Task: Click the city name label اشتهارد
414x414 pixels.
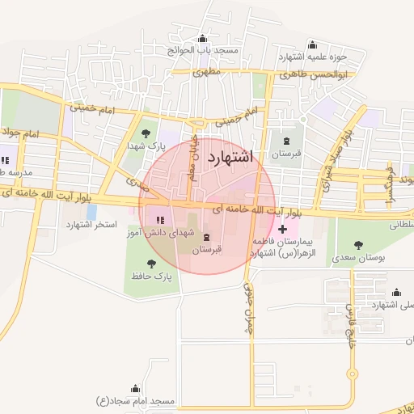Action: pyautogui.click(x=230, y=157)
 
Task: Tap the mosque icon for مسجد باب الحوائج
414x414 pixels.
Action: pyautogui.click(x=202, y=39)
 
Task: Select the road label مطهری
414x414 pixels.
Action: pyautogui.click(x=207, y=72)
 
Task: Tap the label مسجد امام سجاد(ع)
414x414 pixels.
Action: pyautogui.click(x=135, y=401)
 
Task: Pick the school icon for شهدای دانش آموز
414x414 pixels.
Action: pyautogui.click(x=160, y=219)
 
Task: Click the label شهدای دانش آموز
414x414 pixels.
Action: pyautogui.click(x=161, y=232)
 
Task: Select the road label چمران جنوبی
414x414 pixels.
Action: pyautogui.click(x=248, y=308)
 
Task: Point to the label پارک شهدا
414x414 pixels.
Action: pyautogui.click(x=146, y=146)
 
